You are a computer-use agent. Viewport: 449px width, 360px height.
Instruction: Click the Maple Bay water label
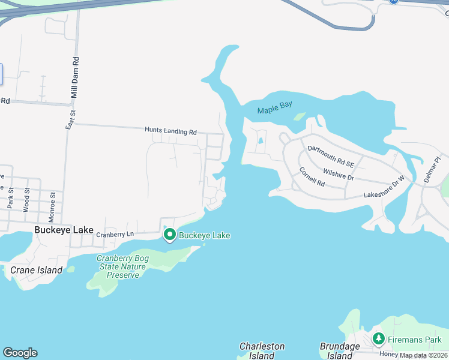(274, 110)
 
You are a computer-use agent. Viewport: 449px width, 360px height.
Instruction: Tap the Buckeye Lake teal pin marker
(169, 235)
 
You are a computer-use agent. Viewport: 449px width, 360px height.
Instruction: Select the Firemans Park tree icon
(378, 339)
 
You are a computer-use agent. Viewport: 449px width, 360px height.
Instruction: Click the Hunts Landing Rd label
(170, 130)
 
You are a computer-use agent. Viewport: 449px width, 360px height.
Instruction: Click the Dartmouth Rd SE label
(331, 155)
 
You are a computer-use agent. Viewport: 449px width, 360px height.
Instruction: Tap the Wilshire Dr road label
(339, 174)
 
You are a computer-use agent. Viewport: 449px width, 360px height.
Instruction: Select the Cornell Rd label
(312, 177)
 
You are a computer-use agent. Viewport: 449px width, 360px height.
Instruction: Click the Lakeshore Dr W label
(385, 188)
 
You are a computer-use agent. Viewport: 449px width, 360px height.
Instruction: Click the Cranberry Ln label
(113, 234)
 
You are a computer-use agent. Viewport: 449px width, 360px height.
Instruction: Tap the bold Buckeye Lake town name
(64, 230)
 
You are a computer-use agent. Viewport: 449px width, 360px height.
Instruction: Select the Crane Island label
(36, 270)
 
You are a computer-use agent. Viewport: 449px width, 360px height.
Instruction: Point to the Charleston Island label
(262, 351)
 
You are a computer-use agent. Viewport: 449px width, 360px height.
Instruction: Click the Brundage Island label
(340, 351)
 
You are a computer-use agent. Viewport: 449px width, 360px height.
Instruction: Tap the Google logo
(20, 353)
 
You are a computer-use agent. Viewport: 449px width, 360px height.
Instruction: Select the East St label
(71, 113)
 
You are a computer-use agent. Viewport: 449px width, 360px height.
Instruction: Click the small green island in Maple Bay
(299, 116)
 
